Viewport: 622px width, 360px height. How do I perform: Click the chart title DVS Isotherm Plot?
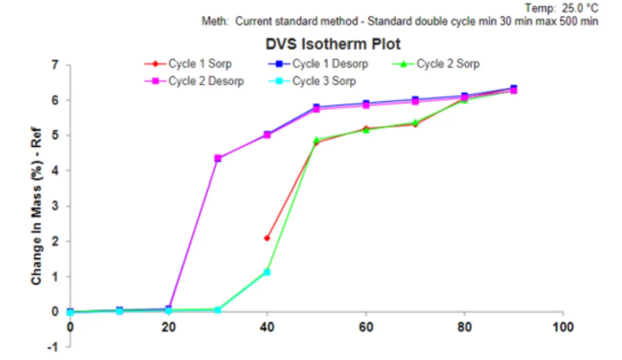click(332, 44)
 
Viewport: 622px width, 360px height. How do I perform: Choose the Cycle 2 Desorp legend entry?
click(206, 81)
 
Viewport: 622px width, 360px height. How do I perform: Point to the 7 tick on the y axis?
click(55, 65)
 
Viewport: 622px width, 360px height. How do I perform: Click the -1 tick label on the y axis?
click(54, 347)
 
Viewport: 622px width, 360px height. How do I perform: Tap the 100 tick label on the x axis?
click(563, 327)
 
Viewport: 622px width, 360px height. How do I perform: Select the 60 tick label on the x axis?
click(366, 327)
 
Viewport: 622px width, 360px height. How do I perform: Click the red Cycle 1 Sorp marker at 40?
click(267, 238)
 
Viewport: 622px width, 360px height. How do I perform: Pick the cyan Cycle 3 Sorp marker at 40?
click(267, 272)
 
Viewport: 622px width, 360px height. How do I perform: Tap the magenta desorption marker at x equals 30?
click(218, 158)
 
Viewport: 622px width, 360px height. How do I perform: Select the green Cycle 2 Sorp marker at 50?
click(316, 140)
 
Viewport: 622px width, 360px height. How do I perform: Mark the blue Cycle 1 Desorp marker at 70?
click(415, 100)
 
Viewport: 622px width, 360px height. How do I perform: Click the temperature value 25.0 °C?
click(582, 8)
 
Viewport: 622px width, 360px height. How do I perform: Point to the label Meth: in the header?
click(215, 22)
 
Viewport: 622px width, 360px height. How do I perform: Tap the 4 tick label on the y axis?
click(55, 170)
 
